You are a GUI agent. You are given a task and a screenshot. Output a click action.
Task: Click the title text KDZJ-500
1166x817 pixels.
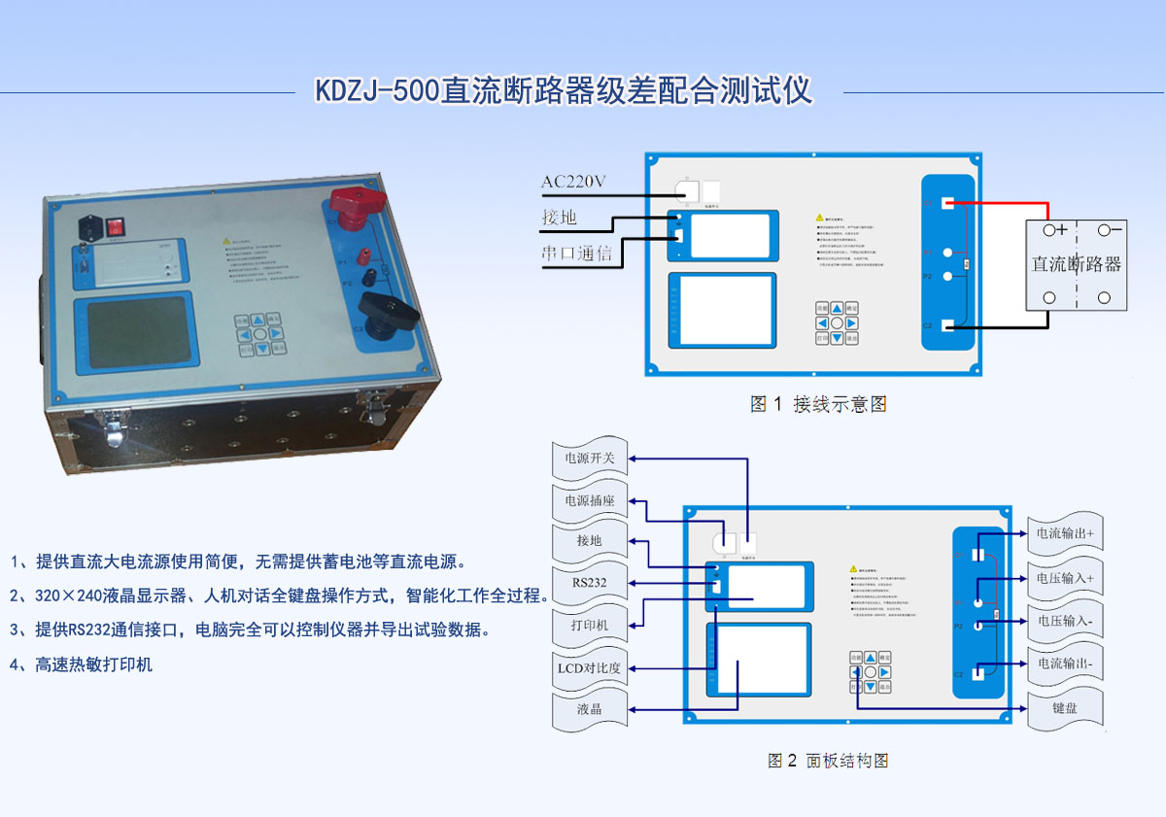[x=377, y=91]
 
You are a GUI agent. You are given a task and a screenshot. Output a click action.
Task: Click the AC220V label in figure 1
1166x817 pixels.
[x=573, y=182]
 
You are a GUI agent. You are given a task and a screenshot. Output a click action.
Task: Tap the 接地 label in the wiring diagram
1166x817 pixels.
[x=559, y=218]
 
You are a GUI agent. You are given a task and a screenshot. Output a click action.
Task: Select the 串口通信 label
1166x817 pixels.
[x=577, y=254]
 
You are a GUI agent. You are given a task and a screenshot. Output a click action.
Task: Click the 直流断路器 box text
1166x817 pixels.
[x=1077, y=263]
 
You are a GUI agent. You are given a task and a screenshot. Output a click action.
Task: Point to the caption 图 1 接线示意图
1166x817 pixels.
[x=818, y=404]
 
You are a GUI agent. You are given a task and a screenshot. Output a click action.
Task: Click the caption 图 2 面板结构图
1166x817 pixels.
[x=828, y=761]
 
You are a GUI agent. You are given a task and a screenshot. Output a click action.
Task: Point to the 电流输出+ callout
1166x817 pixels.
[x=1065, y=533]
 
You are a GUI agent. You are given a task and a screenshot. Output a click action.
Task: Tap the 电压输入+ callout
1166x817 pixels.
[x=1065, y=578]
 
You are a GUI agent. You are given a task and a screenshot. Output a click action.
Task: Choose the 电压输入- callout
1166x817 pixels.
[x=1065, y=621]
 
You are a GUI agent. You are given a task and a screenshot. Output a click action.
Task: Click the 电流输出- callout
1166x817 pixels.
[x=1065, y=664]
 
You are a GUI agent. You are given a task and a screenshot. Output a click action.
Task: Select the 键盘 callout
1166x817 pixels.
[x=1065, y=708]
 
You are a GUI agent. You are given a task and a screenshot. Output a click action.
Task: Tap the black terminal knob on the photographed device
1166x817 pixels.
[x=388, y=311]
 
